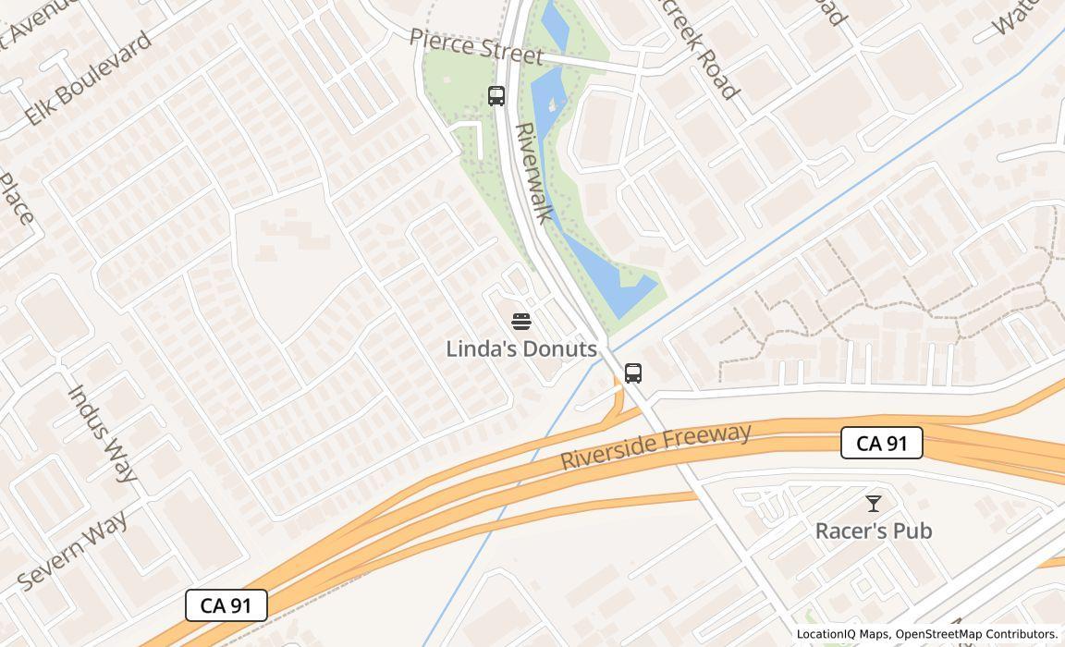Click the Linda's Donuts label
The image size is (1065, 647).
[521, 348]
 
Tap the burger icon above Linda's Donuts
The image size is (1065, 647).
[521, 322]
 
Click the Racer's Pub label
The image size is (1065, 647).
[873, 531]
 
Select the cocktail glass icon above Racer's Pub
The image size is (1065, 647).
[873, 504]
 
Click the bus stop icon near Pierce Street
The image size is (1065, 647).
[496, 95]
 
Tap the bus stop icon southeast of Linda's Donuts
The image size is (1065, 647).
[633, 373]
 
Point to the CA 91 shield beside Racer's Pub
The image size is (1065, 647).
[882, 443]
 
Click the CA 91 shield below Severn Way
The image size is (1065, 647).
[226, 605]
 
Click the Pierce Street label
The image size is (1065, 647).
[475, 46]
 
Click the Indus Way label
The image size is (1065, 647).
[104, 433]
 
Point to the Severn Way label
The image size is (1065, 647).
[73, 550]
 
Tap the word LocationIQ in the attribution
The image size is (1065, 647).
[824, 634]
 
